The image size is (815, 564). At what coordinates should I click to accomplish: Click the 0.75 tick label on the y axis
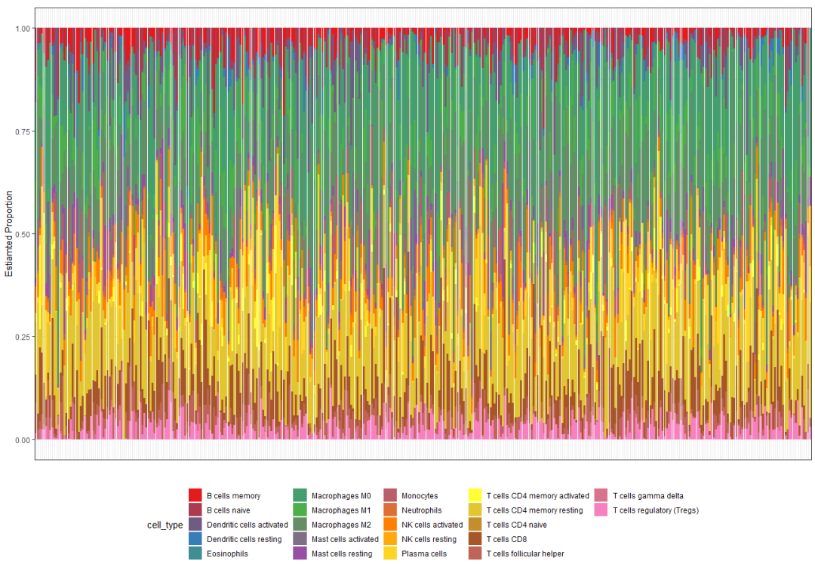pos(23,131)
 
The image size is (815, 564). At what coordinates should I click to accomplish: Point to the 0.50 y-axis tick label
pos(23,234)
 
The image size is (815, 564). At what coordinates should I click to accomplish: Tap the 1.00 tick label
pos(23,29)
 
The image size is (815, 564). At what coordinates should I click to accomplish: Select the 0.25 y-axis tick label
pos(23,337)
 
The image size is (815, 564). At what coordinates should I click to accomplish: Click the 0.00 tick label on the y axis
pos(23,439)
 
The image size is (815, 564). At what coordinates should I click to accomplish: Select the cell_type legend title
pos(165,525)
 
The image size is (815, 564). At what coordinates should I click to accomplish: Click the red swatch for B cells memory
pos(195,496)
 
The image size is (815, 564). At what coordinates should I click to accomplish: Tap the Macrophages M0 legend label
pos(341,496)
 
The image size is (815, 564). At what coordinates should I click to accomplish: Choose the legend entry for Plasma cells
pos(424,553)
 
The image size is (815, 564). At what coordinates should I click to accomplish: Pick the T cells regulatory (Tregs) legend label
pos(656,510)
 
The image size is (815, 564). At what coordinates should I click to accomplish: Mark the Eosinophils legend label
pos(227,553)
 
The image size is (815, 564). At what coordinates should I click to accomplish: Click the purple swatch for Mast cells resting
pos(300,553)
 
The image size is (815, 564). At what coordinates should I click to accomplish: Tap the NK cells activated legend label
pos(432,525)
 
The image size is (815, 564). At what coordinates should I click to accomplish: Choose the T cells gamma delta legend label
pos(648,496)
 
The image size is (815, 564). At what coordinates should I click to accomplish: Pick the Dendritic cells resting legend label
pos(244,539)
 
